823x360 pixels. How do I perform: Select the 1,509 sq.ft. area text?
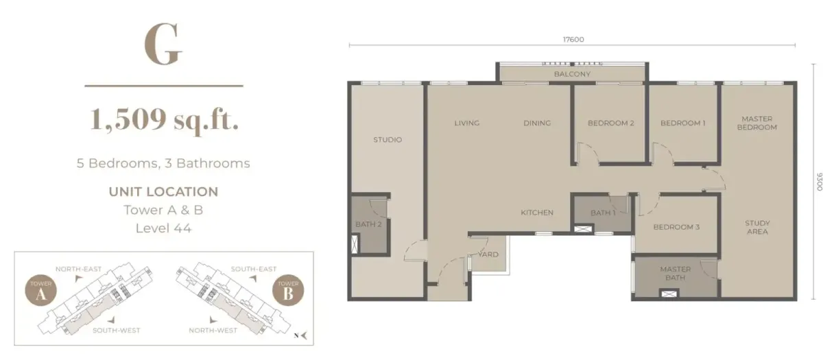click(x=164, y=120)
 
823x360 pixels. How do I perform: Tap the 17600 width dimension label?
click(x=573, y=40)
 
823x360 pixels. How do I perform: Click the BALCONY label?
click(x=572, y=74)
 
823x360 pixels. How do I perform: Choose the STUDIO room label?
click(x=387, y=140)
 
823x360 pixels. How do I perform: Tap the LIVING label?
click(x=466, y=123)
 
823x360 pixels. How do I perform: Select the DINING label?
click(x=537, y=123)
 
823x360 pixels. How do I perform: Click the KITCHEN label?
click(x=536, y=213)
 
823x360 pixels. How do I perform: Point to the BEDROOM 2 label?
click(x=610, y=123)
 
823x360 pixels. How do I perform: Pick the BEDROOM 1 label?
click(x=683, y=123)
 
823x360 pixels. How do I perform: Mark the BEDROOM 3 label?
click(x=676, y=227)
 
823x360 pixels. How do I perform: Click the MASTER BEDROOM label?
click(x=759, y=123)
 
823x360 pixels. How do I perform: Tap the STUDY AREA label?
click(x=758, y=227)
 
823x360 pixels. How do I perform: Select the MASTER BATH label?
click(x=675, y=274)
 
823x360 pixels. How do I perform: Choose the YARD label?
click(x=488, y=254)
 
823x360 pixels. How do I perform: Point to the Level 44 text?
click(x=163, y=228)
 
